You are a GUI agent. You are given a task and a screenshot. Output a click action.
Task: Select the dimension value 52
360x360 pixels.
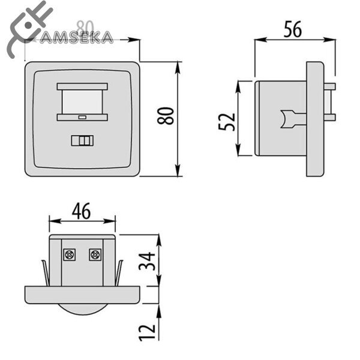[x=226, y=122]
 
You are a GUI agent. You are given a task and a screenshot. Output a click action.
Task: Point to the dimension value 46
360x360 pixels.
[x=82, y=211]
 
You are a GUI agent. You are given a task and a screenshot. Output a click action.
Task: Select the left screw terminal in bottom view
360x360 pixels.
[x=69, y=255]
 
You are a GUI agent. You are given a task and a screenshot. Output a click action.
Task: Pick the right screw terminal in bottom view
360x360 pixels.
[x=94, y=255]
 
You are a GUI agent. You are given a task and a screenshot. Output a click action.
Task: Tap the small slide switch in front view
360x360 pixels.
[x=82, y=140]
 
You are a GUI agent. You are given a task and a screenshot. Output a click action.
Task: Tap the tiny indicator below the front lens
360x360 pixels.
[x=82, y=117]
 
